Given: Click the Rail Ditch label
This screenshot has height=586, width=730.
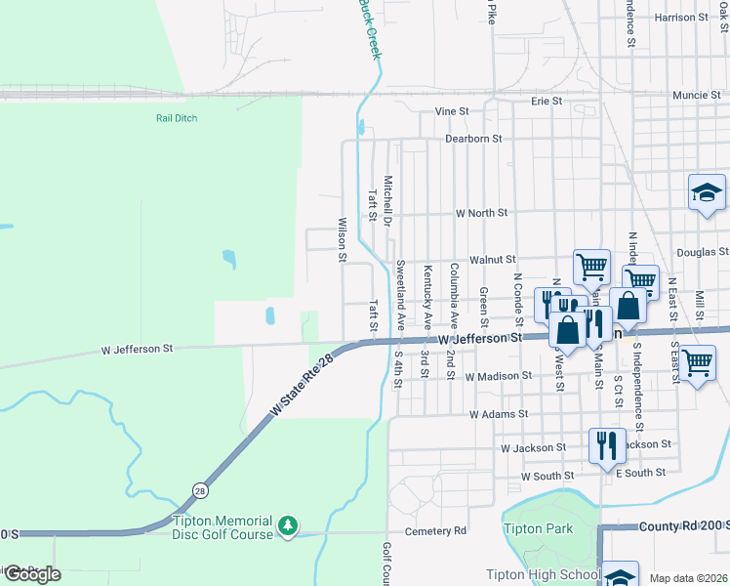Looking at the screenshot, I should click(177, 118).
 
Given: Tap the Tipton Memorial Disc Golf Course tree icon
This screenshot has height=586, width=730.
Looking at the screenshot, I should click(287, 526).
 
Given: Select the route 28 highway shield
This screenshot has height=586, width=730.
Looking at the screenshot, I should click(200, 490).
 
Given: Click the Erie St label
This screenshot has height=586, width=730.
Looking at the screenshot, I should click(547, 101).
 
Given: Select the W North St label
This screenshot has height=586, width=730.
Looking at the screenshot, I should click(482, 212).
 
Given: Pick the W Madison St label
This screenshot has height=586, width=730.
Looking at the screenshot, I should click(498, 375).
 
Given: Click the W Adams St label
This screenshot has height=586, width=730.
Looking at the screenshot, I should click(499, 414).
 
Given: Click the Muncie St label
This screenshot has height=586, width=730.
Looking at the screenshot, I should click(697, 96).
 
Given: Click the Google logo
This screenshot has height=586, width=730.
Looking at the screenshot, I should click(31, 574).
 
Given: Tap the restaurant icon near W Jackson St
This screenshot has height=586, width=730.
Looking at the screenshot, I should click(607, 444).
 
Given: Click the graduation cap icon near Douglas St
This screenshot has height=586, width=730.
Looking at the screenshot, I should click(707, 193).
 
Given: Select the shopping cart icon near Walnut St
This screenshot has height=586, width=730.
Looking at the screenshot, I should click(591, 266).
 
